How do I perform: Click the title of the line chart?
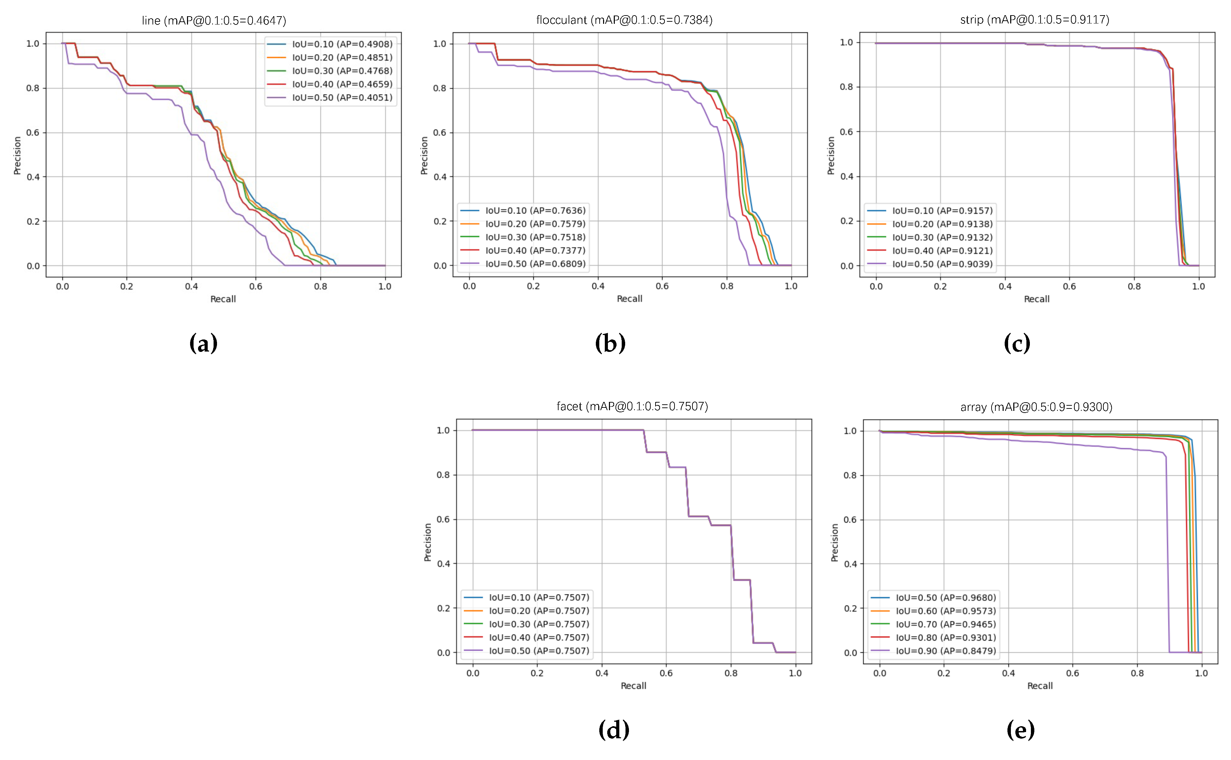(214, 21)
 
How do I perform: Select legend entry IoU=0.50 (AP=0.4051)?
(342, 98)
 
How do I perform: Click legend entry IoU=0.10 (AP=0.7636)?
(535, 210)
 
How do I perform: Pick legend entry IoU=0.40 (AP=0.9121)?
(942, 250)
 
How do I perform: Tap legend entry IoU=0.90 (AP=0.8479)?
(945, 651)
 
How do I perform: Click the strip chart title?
(1034, 20)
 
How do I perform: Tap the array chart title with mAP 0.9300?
(1036, 407)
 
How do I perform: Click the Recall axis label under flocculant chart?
(629, 298)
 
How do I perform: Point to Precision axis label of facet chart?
(428, 542)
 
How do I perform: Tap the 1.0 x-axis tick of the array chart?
(1201, 673)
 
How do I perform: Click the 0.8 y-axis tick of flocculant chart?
(440, 88)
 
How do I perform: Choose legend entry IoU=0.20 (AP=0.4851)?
(342, 57)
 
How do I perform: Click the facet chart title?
(632, 406)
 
